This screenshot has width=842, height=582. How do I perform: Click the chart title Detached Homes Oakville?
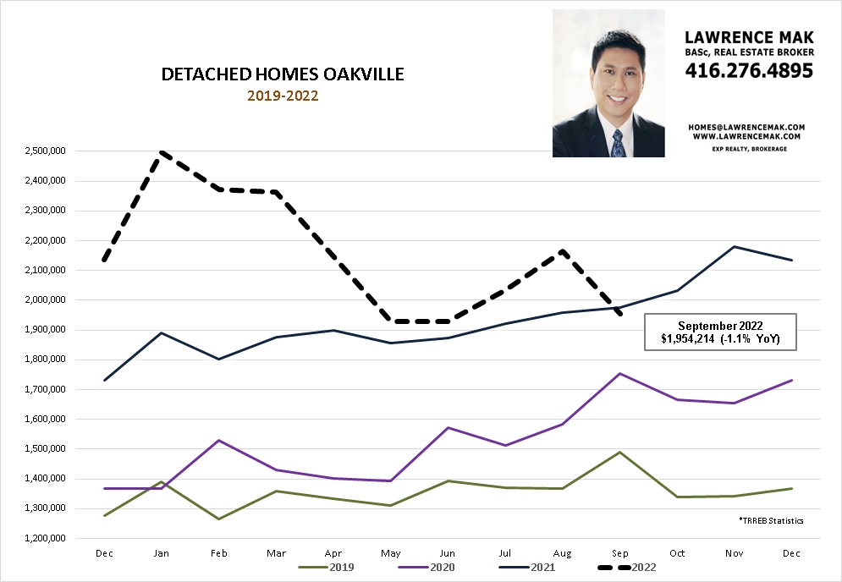tap(283, 75)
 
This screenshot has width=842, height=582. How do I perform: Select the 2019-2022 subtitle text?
tap(283, 96)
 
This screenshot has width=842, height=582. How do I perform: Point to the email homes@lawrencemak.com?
tap(747, 127)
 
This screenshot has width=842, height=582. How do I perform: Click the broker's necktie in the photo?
tap(618, 143)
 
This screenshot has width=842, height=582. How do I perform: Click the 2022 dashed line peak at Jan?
tap(160, 152)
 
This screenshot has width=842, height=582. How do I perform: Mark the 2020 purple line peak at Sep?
tap(620, 373)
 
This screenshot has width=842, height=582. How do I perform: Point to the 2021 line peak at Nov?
tap(734, 247)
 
